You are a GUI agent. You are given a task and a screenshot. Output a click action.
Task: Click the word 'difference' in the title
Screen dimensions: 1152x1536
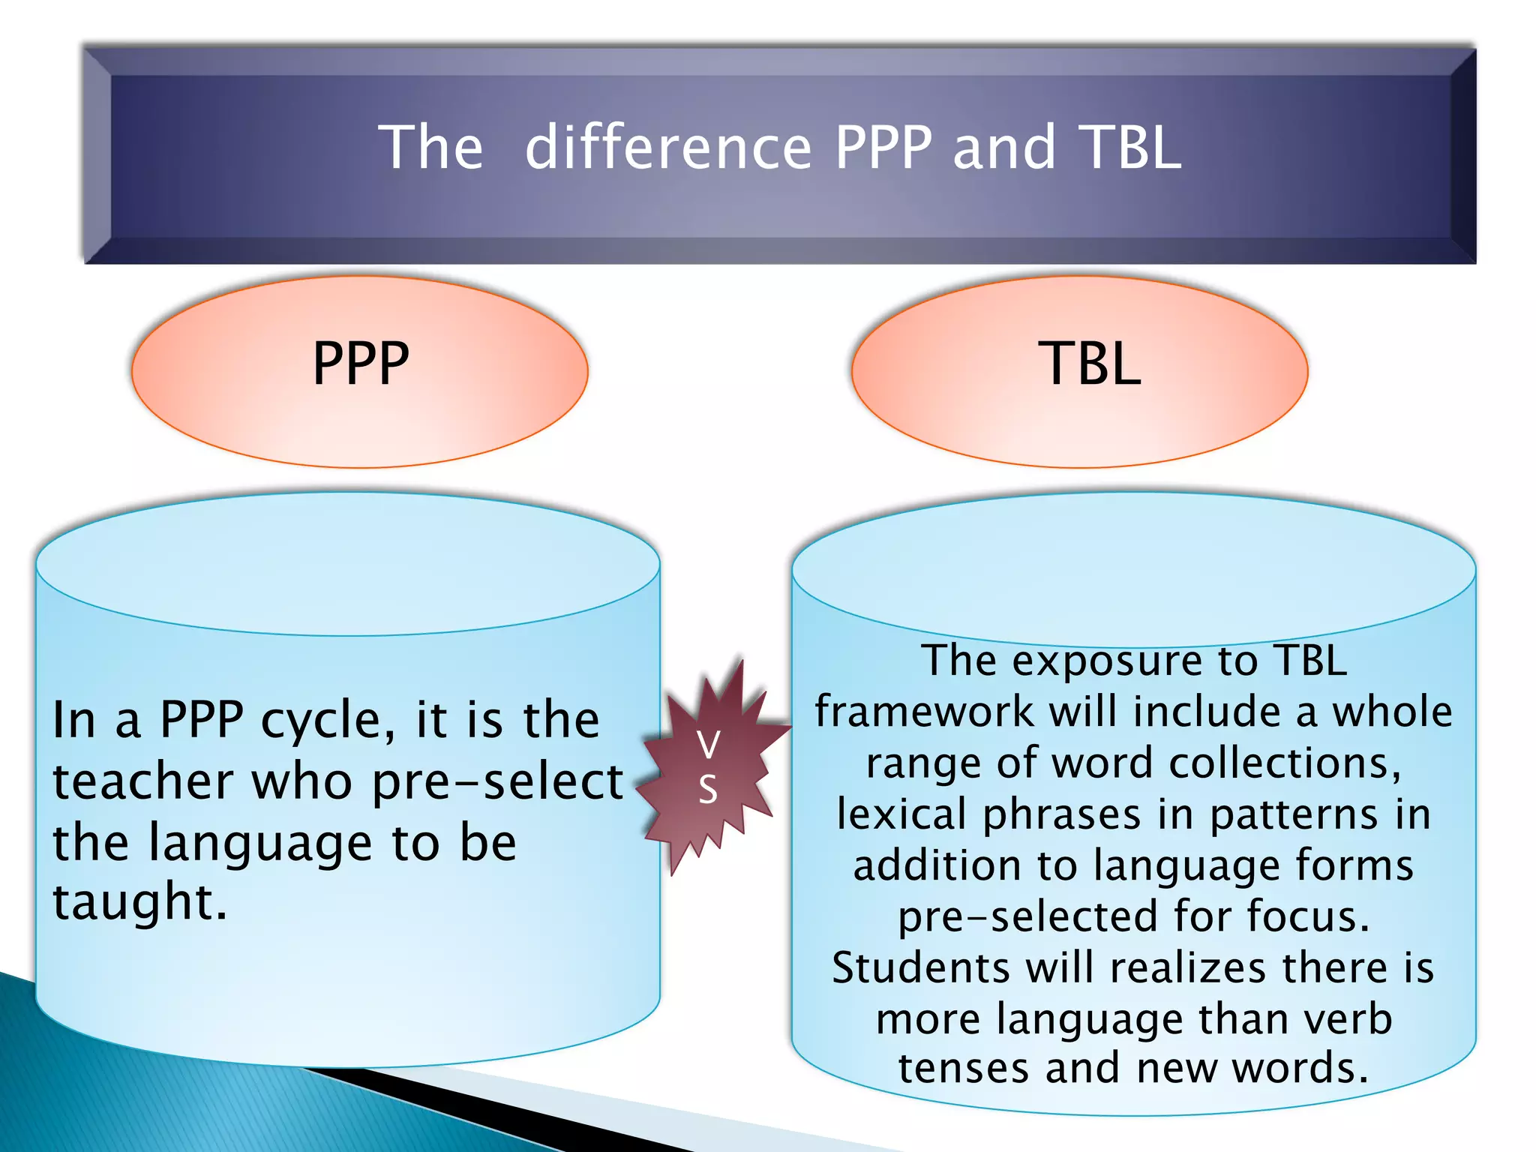pos(668,147)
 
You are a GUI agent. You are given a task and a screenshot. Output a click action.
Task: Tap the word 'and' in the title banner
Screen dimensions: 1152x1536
pos(1004,147)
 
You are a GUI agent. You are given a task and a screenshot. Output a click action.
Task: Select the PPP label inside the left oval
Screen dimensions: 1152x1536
pos(361,364)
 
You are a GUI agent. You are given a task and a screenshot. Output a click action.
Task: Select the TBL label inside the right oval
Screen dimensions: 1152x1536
pos(1090,364)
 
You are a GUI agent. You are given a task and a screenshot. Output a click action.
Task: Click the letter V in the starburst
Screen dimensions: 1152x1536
pos(708,744)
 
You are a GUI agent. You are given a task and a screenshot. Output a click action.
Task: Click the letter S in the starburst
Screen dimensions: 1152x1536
pos(708,790)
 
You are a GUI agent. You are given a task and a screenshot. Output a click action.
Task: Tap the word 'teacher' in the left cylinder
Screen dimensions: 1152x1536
pos(142,781)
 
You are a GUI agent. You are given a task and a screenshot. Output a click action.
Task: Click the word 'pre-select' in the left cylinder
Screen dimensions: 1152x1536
pos(497,781)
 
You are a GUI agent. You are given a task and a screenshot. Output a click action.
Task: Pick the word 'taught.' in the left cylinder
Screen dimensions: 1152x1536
pos(139,901)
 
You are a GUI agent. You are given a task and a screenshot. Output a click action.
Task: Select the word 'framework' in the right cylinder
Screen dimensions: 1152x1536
pos(924,712)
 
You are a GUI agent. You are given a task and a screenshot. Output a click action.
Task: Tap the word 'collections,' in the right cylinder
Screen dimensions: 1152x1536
pos(1285,763)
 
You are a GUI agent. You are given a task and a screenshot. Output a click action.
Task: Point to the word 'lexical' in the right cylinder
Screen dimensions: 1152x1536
pos(902,814)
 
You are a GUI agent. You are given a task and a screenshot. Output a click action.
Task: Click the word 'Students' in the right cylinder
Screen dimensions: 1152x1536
pos(921,967)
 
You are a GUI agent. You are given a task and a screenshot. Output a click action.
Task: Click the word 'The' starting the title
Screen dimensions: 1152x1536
pos(430,147)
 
